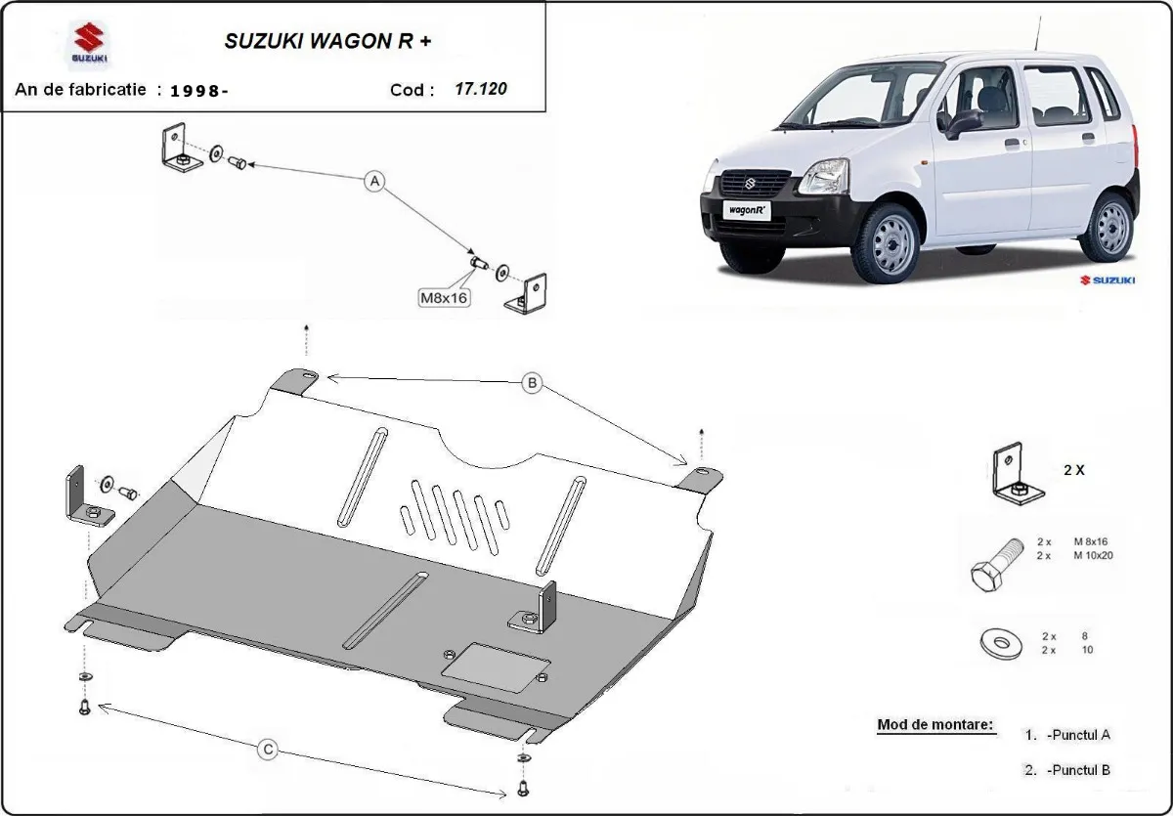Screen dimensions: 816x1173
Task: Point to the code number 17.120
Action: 481,89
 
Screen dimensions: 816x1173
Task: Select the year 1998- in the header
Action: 199,91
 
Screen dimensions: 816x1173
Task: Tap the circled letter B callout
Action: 532,383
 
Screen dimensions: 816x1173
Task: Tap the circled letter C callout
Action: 267,750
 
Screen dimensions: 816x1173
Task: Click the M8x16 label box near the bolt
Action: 444,298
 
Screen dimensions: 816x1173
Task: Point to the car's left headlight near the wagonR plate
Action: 823,177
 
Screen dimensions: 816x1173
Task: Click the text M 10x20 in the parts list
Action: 1093,555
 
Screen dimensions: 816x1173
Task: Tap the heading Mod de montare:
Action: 935,725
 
